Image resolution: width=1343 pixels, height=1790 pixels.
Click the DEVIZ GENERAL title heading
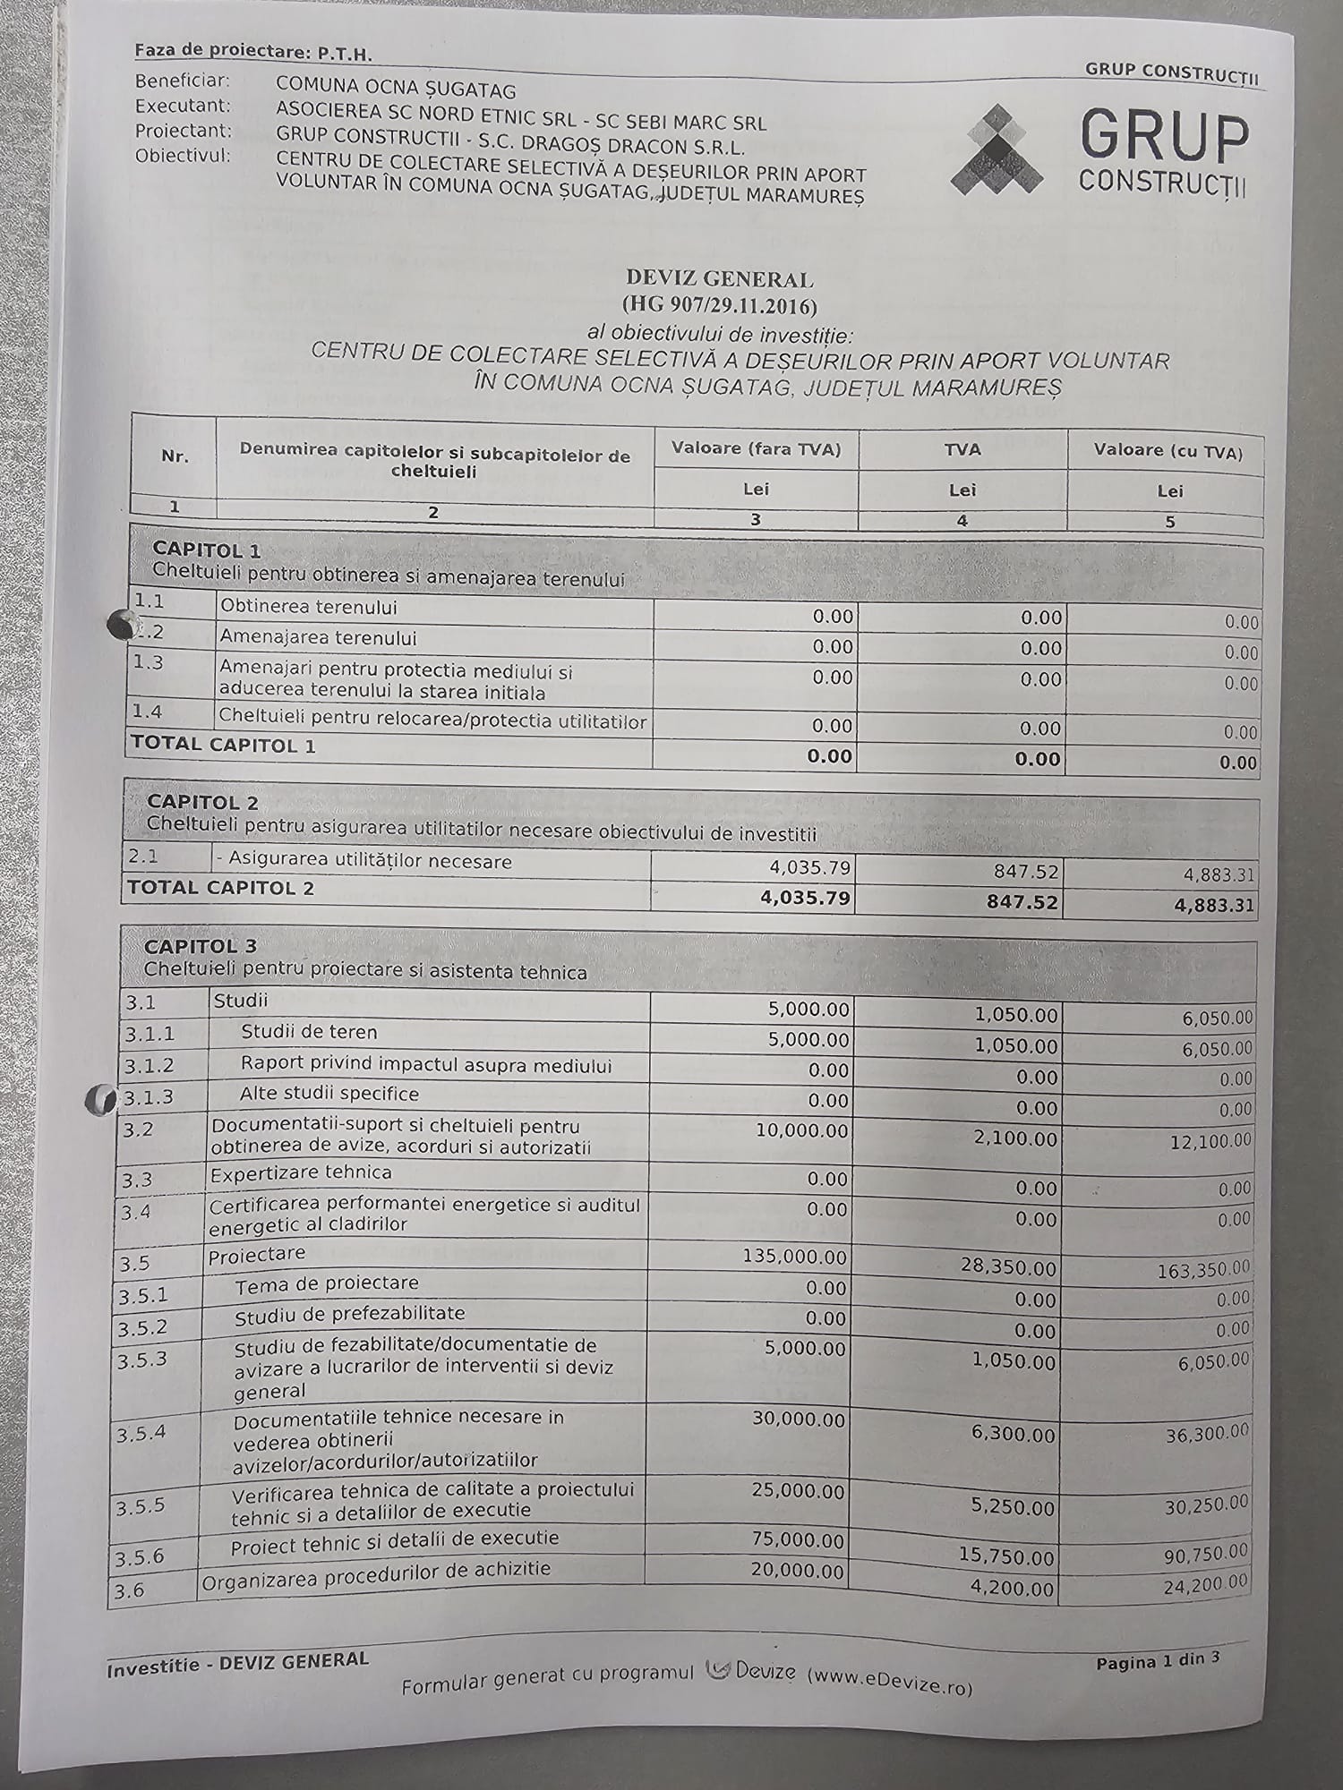720,279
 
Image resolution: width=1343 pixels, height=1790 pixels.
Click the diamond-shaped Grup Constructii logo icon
997,150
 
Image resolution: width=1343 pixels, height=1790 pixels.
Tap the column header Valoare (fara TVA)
756,449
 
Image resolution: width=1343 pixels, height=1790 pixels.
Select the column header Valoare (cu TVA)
1168,452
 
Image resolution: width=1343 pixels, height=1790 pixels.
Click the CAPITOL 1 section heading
206,549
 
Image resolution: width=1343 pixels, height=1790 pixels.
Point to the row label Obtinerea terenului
308,607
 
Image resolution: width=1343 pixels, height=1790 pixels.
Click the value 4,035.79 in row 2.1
809,867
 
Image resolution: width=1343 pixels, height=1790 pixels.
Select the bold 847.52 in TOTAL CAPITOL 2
1022,902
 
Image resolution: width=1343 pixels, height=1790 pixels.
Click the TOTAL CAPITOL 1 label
223,745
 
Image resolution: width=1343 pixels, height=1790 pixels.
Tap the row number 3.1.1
150,1034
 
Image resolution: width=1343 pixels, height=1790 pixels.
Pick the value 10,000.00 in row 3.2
801,1130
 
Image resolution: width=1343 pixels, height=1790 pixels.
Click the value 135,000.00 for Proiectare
794,1257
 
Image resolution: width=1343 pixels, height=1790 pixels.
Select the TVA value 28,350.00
1006,1268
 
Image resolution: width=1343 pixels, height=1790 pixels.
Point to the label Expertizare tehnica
300,1172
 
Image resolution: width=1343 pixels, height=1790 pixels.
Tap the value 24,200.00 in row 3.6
1205,1584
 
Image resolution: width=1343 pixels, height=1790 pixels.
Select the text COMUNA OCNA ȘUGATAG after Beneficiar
395,88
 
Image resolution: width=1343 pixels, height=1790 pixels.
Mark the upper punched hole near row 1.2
119,624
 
